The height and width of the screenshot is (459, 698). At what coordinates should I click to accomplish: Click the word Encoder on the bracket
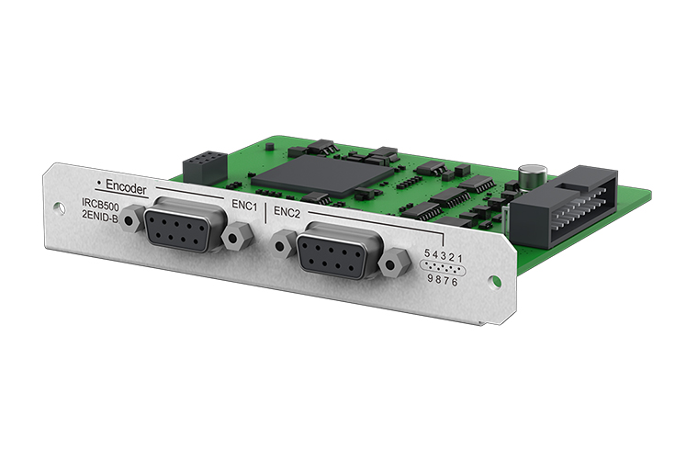click(126, 187)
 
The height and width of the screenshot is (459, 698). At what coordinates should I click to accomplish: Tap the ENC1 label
click(244, 206)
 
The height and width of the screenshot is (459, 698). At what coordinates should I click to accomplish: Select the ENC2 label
click(287, 212)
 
